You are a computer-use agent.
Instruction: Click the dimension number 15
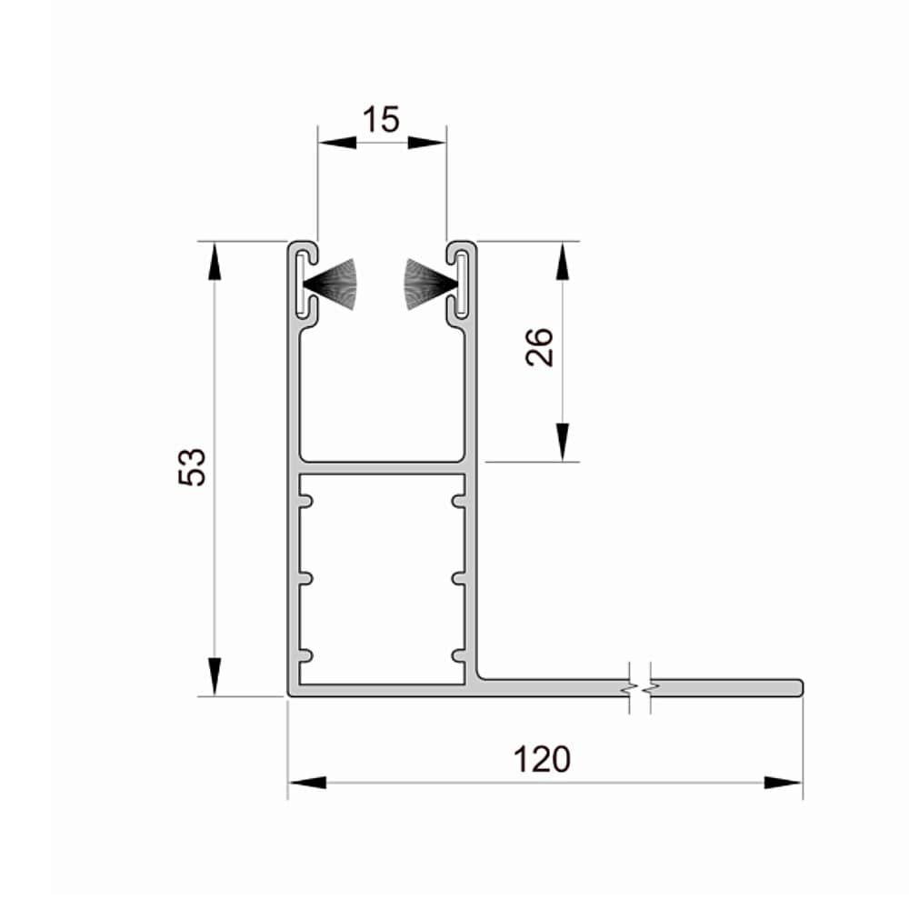381,119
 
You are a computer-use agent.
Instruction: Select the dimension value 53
192,466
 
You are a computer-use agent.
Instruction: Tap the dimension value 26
539,346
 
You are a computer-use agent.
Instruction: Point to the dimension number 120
542,759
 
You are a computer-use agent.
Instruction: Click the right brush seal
431,284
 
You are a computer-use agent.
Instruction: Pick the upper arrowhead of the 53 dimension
215,261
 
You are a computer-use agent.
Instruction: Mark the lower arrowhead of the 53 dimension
215,676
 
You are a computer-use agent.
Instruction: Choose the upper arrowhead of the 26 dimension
562,261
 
